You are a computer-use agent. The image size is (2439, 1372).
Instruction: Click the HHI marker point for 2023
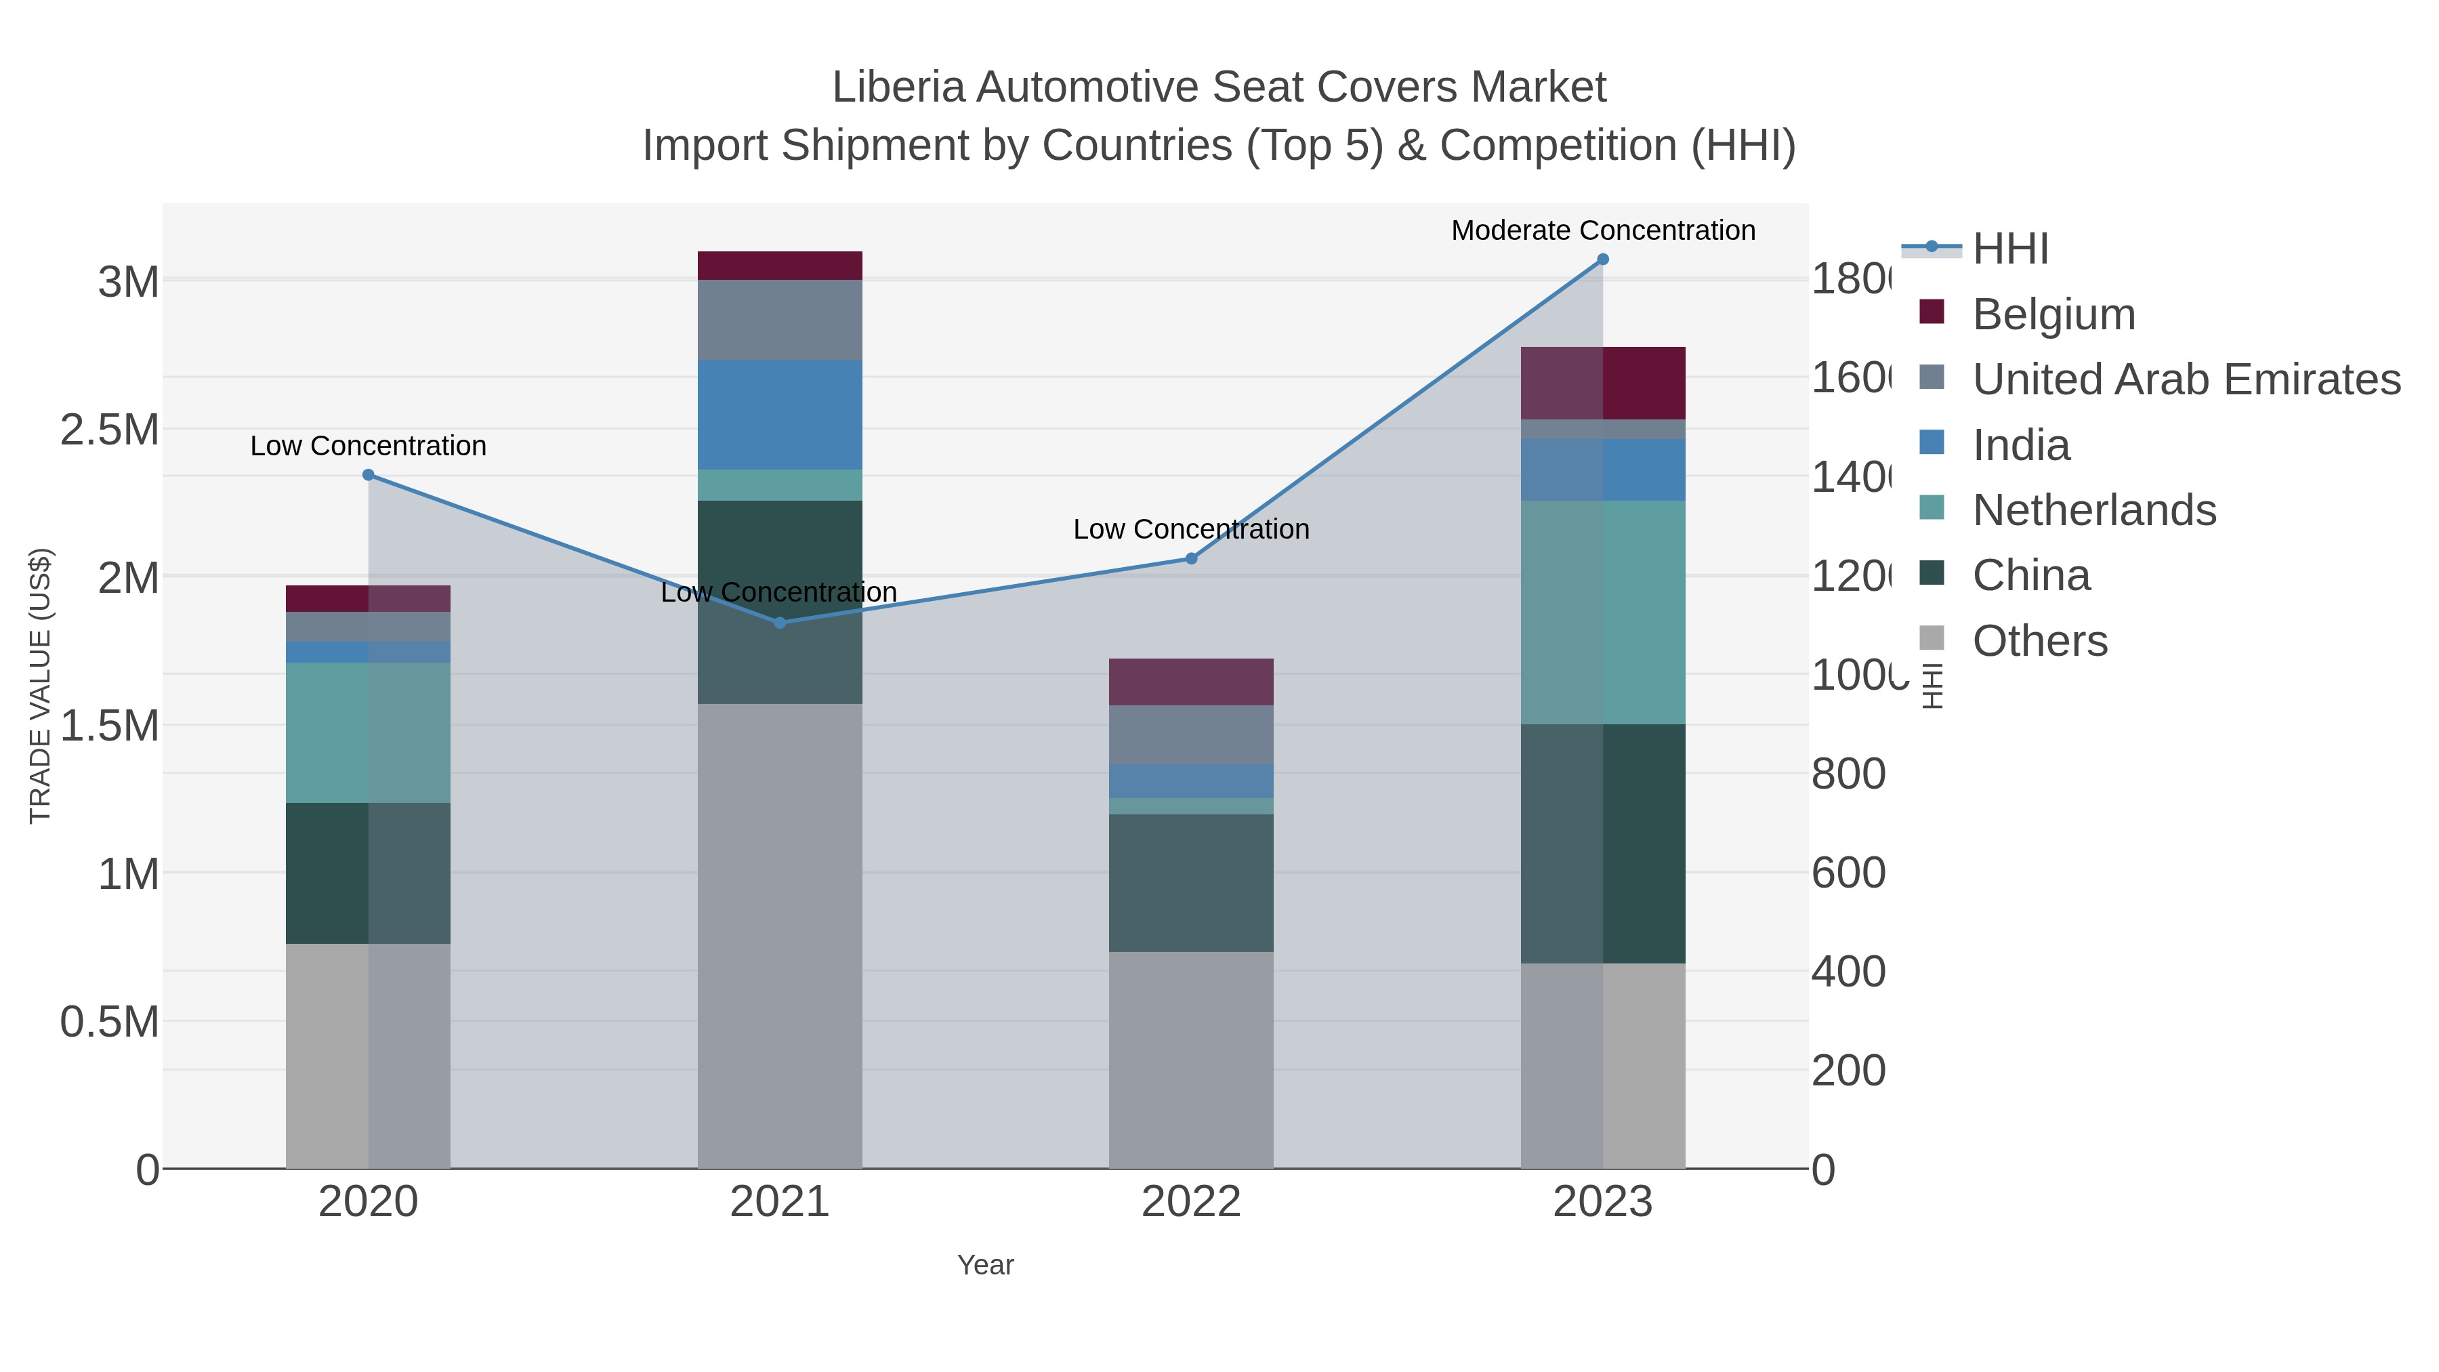point(1602,259)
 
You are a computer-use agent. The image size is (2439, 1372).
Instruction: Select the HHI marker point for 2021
point(779,623)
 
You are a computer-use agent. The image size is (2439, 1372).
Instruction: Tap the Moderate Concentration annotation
point(1602,230)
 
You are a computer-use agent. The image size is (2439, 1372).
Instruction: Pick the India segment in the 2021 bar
point(779,415)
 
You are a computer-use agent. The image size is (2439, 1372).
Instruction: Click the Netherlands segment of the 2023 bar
point(1602,612)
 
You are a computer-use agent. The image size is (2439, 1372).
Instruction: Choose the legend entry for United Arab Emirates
point(2185,379)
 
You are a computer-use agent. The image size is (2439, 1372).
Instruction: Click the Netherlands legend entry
point(2093,510)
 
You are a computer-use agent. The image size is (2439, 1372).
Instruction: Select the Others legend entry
point(2039,641)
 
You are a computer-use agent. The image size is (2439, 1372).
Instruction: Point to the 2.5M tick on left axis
point(109,430)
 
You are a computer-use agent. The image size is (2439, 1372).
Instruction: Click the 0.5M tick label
point(109,1022)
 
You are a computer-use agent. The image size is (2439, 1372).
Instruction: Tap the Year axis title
point(984,1265)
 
